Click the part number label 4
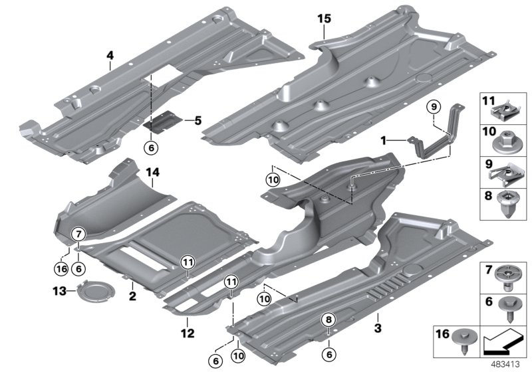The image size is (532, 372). click(110, 56)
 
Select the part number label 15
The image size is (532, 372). click(323, 19)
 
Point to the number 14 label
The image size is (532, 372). click(153, 173)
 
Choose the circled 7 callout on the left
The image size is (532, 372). click(78, 234)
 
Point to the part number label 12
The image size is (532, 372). click(188, 331)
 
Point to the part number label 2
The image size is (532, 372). click(132, 294)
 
